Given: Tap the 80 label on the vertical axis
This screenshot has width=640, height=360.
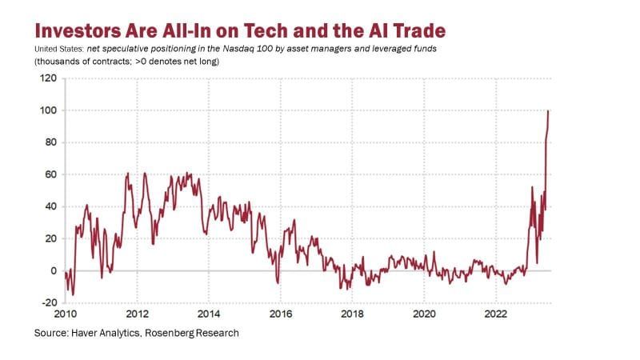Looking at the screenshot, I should pos(50,142).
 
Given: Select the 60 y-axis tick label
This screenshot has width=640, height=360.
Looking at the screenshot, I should pos(50,174).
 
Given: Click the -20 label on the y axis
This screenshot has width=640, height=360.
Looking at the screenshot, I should pos(48,302).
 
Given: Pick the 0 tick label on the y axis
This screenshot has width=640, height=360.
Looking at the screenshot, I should pos(53,270).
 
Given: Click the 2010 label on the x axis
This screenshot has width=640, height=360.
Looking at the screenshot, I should pos(65,314).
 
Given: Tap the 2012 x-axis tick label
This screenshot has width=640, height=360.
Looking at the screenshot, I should pos(137,314).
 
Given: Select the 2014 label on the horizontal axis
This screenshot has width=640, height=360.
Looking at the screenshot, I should pos(209,314).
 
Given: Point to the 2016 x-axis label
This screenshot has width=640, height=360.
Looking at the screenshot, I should pos(281,314).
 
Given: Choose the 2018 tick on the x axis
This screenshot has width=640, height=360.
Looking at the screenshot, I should pos(352,314).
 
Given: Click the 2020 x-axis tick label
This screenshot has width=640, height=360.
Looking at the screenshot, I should pos(424,314).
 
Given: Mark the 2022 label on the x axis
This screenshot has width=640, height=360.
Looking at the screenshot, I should pos(496,314).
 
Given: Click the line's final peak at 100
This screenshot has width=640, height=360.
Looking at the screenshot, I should pos(548,111).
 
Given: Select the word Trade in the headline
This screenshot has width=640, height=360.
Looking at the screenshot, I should pos(415,30).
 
